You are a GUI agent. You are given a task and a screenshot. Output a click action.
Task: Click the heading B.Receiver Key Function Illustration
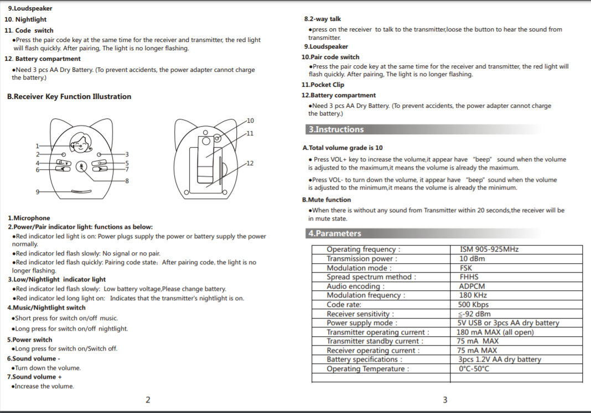coord(69,97)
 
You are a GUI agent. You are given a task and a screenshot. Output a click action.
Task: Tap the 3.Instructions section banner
coord(336,129)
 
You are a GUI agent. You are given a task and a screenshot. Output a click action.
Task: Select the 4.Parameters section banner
coord(334,233)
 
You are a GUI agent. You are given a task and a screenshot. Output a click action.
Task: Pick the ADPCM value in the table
coord(471,286)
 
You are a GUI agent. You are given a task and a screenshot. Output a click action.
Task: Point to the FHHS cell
coord(469,277)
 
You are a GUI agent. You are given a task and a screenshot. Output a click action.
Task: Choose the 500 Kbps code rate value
coord(474,305)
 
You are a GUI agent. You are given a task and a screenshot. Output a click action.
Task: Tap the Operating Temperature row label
coord(367,369)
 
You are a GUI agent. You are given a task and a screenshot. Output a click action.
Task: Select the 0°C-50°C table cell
coord(474,369)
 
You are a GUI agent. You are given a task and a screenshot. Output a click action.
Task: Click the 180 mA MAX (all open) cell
coord(495,332)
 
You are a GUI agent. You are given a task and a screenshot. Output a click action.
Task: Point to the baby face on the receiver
coord(82,143)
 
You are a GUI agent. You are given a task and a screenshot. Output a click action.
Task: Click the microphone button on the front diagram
coord(82,166)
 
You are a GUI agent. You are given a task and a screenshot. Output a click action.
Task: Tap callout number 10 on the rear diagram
coord(250,121)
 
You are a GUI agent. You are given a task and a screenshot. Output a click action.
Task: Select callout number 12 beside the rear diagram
coord(250,163)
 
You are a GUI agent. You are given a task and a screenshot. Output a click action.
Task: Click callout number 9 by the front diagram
coord(37,191)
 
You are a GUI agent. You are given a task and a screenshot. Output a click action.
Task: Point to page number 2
coord(148,400)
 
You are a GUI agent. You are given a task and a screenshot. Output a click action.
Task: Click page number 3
coord(444,400)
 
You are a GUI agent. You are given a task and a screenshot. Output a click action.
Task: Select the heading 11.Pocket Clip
coord(323,85)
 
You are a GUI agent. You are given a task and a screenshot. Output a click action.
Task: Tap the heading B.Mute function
coord(326,200)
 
